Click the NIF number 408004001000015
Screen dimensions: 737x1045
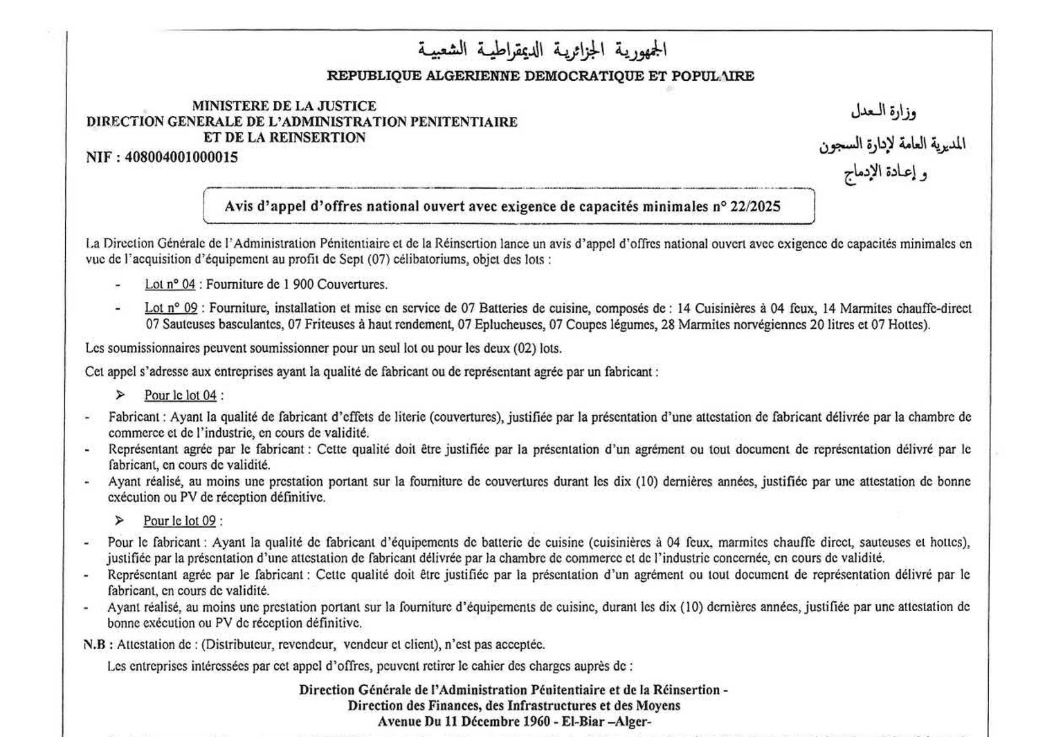pos(181,157)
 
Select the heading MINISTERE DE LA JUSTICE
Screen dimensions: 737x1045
pos(284,106)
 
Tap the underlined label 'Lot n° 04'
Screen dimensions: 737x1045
pos(170,284)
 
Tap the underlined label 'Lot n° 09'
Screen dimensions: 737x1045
pos(171,308)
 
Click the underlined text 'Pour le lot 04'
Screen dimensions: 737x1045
pos(180,395)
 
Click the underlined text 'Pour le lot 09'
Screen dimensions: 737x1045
pos(179,521)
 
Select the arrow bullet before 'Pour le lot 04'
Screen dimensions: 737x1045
pos(120,395)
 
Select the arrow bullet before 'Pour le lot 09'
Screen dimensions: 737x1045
pos(120,520)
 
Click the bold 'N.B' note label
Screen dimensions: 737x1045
pos(95,644)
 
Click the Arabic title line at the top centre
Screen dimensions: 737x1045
pos(542,50)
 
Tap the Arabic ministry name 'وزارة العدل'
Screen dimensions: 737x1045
pos(884,111)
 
